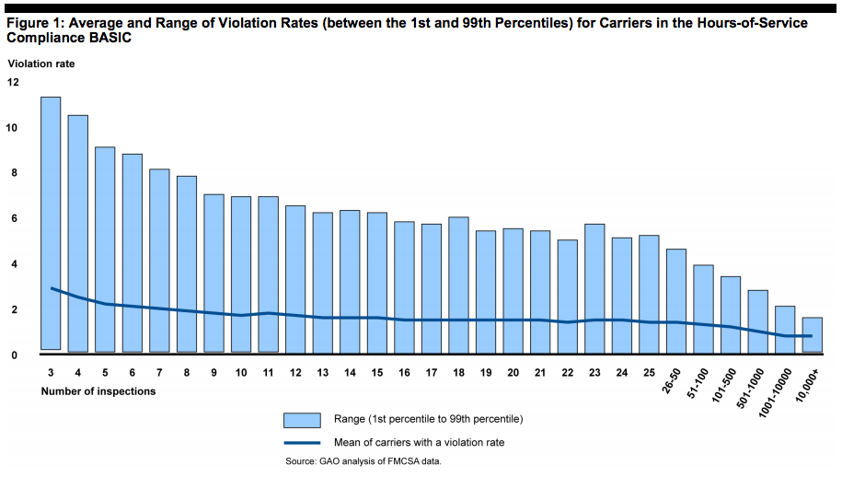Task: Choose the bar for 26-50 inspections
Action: pyautogui.click(x=675, y=300)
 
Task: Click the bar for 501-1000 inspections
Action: pyautogui.click(x=756, y=321)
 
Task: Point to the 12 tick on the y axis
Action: pyautogui.click(x=13, y=82)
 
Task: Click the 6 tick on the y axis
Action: pyautogui.click(x=13, y=218)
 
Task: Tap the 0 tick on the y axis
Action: pyautogui.click(x=13, y=355)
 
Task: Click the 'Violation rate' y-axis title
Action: pyautogui.click(x=41, y=64)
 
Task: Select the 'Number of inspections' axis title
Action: pyautogui.click(x=98, y=391)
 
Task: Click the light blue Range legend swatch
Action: pyautogui.click(x=302, y=420)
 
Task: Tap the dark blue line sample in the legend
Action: pyautogui.click(x=302, y=442)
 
